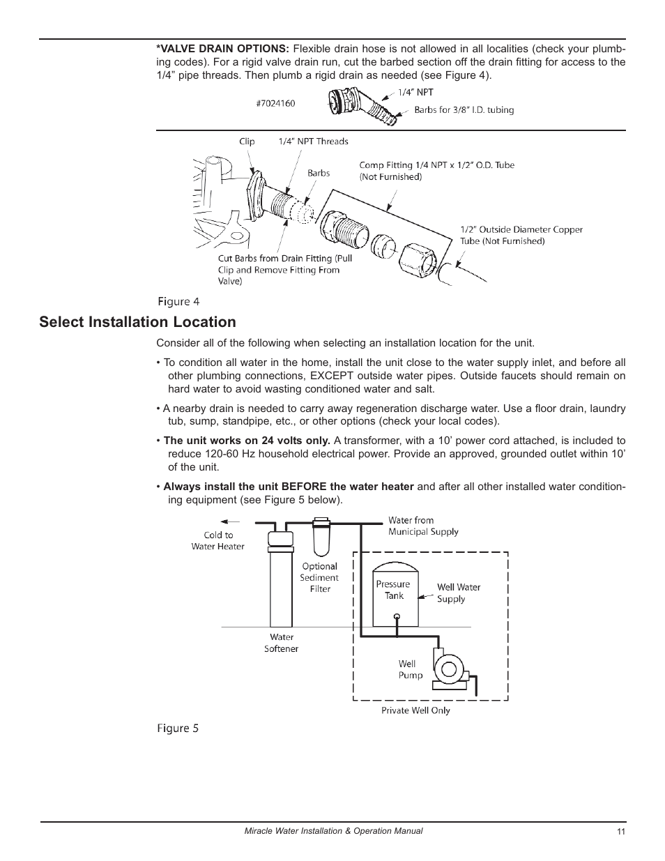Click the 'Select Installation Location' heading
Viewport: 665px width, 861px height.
tap(137, 322)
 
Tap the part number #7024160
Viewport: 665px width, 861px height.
tap(275, 103)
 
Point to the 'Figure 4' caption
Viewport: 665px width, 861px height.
tap(178, 302)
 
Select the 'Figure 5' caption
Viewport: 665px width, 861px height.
tap(177, 728)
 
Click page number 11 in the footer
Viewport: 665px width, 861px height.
tap(620, 832)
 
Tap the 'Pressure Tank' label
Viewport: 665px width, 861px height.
tap(393, 590)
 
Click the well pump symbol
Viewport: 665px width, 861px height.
tap(446, 668)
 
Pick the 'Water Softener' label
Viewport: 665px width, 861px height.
tap(282, 643)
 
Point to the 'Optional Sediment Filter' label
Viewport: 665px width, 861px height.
tap(319, 577)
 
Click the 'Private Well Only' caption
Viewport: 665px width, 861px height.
tap(415, 710)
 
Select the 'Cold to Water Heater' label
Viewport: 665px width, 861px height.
tap(218, 541)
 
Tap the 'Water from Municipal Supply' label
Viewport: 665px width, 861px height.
tap(423, 526)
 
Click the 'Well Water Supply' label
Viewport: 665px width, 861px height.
tap(458, 593)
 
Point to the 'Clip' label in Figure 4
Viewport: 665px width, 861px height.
tap(247, 142)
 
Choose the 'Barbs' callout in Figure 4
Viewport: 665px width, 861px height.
tap(319, 173)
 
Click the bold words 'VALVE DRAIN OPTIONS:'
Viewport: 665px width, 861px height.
tap(222, 49)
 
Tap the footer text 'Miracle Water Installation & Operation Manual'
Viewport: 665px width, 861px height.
tap(332, 831)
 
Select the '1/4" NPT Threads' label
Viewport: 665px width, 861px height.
tap(313, 142)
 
